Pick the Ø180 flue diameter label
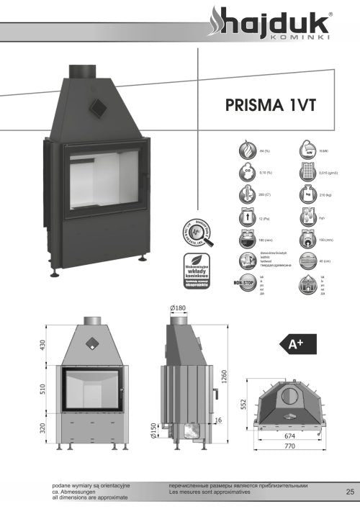point(178,309)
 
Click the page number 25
point(350,492)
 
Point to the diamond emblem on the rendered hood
point(95,107)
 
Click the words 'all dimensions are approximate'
point(90,497)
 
